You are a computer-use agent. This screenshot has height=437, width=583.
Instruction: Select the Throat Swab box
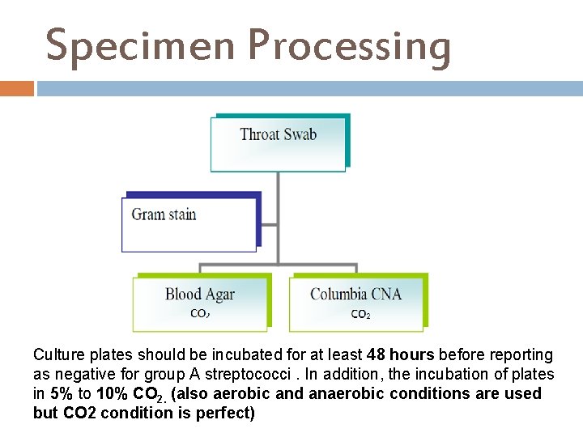pyautogui.click(x=279, y=142)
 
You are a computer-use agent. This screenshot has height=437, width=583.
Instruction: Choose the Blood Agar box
pyautogui.click(x=200, y=302)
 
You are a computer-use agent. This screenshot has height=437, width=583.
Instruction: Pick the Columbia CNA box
pyautogui.click(x=356, y=302)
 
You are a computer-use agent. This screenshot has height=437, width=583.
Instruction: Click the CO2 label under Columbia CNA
pyautogui.click(x=360, y=314)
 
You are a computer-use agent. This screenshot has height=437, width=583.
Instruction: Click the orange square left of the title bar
pyautogui.click(x=16, y=88)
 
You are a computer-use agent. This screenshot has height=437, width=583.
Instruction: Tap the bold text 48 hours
pyautogui.click(x=400, y=355)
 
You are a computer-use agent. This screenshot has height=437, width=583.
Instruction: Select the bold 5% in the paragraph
pyautogui.click(x=60, y=394)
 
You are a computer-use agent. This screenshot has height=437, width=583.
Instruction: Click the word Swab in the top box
pyautogui.click(x=299, y=134)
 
